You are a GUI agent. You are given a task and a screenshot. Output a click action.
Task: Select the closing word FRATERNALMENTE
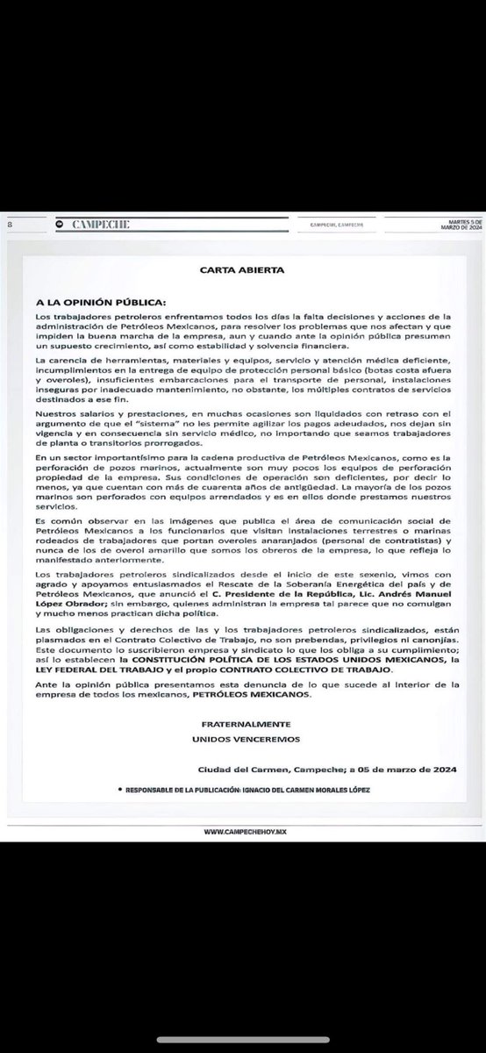click(x=243, y=722)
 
